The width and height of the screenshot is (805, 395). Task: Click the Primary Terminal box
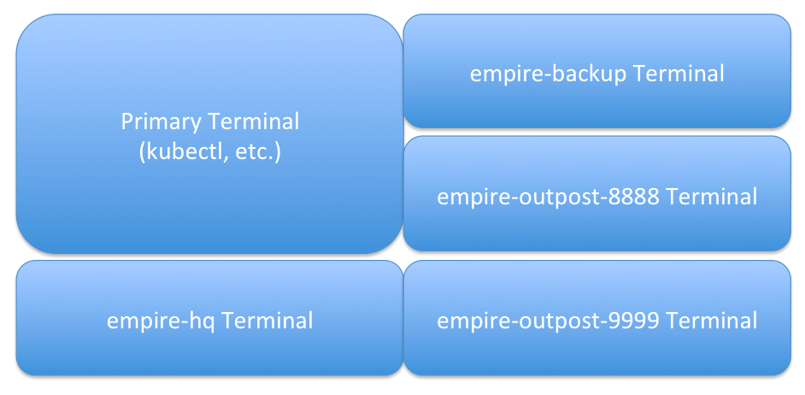(x=209, y=133)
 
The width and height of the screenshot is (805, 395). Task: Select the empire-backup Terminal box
(x=597, y=71)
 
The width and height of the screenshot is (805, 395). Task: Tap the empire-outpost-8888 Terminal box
(x=597, y=193)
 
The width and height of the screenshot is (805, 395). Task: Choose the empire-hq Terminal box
(x=209, y=318)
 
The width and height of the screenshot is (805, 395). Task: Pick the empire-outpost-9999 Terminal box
(x=597, y=318)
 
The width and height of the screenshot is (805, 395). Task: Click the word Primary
(x=162, y=123)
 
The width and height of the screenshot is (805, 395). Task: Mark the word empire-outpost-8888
(x=548, y=197)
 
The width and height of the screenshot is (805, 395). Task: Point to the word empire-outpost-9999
(x=548, y=321)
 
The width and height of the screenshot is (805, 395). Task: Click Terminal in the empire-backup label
(x=679, y=74)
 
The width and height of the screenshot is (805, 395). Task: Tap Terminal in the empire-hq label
(x=267, y=321)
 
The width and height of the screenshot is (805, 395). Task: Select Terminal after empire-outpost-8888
(x=711, y=197)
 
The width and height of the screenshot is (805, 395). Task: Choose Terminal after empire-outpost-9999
(x=711, y=321)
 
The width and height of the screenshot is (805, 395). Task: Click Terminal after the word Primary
(x=253, y=122)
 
